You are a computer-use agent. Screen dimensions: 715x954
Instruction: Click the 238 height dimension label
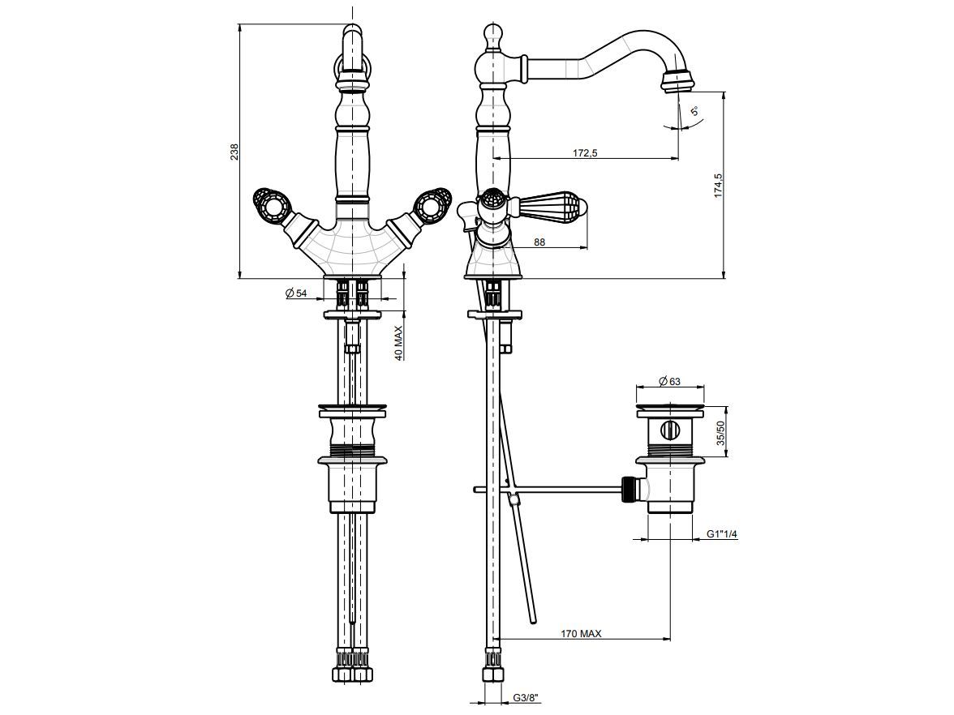pyautogui.click(x=234, y=152)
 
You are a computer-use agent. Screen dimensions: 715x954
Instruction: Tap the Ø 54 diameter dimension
pyautogui.click(x=296, y=293)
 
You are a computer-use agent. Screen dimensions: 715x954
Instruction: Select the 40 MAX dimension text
pyautogui.click(x=399, y=343)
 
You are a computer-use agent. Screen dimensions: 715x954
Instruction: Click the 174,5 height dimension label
pyautogui.click(x=718, y=186)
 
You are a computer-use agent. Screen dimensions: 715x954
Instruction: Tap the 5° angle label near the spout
pyautogui.click(x=694, y=111)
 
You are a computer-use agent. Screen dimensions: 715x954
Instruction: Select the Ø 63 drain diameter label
pyautogui.click(x=669, y=380)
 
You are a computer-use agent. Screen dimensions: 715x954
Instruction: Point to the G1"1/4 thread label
pyautogui.click(x=721, y=533)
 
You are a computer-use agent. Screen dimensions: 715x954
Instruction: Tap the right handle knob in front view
pyautogui.click(x=431, y=203)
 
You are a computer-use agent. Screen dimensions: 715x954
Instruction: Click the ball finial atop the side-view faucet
pyautogui.click(x=492, y=35)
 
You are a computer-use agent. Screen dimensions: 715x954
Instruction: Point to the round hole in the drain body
pyautogui.click(x=670, y=430)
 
